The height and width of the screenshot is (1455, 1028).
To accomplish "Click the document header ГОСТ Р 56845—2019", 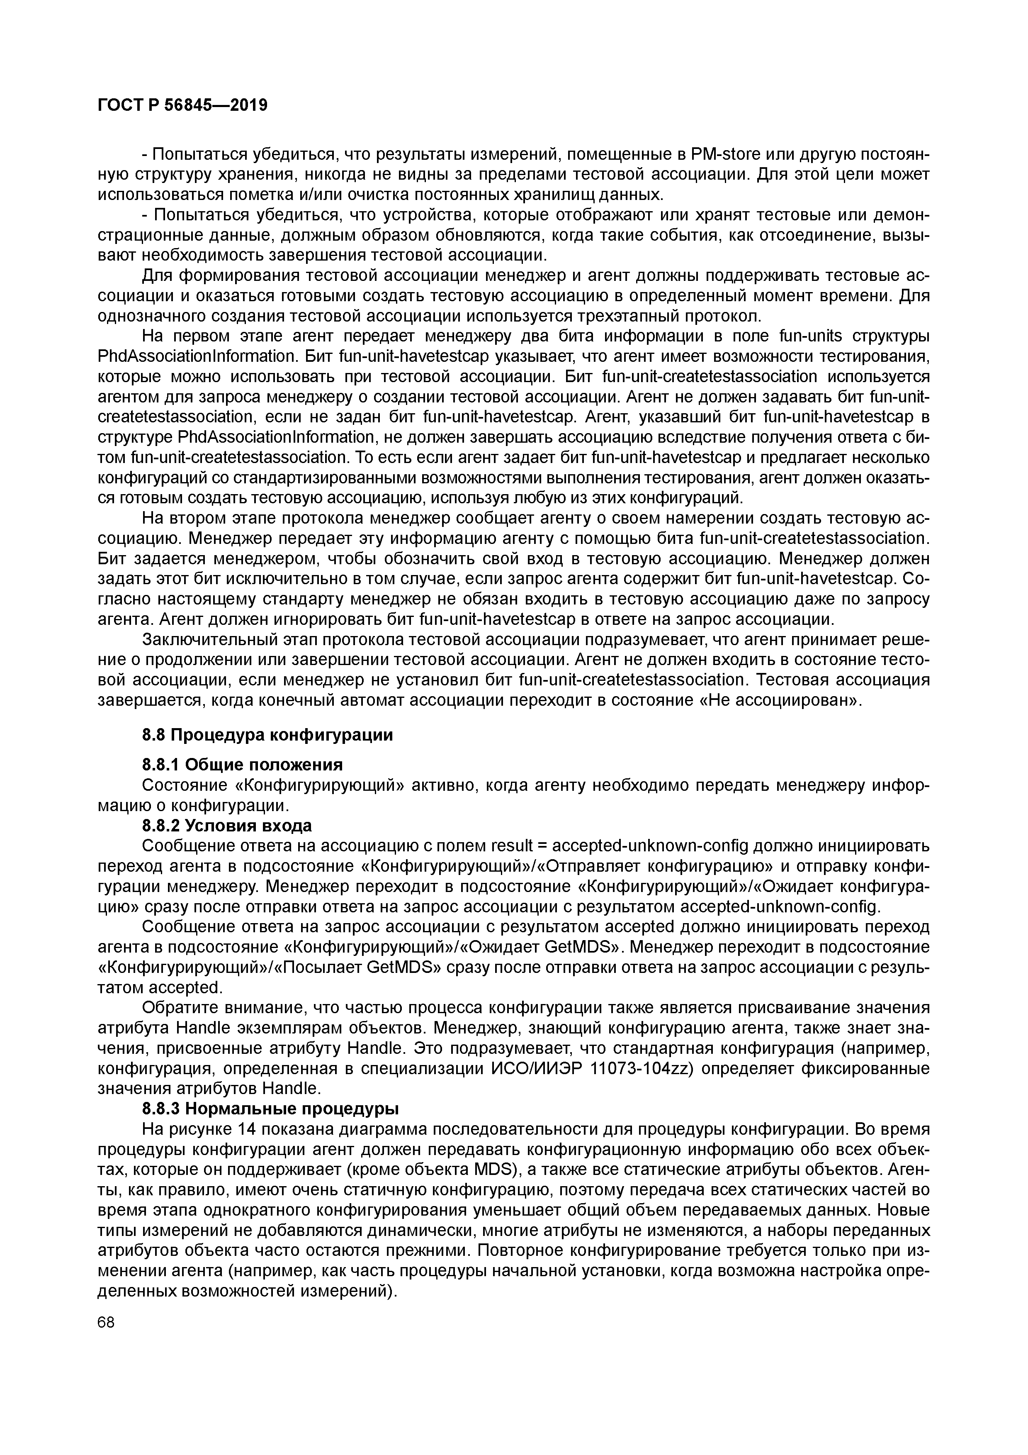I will (x=182, y=105).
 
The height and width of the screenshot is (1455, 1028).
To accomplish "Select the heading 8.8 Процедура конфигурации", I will (x=267, y=735).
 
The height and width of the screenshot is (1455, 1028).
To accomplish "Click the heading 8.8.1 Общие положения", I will (x=242, y=765).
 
